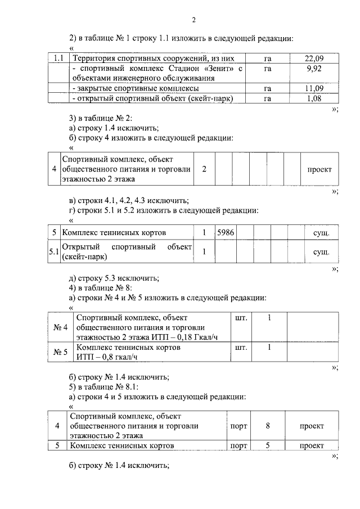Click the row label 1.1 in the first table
coord(58,58)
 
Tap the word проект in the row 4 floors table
coord(319,169)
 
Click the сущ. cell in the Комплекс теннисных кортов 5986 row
coord(321,232)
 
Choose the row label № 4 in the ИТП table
coord(60,327)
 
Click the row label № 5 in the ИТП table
coord(60,353)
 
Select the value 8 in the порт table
coord(268,426)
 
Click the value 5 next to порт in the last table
coord(268,445)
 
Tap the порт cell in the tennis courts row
coord(239,445)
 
